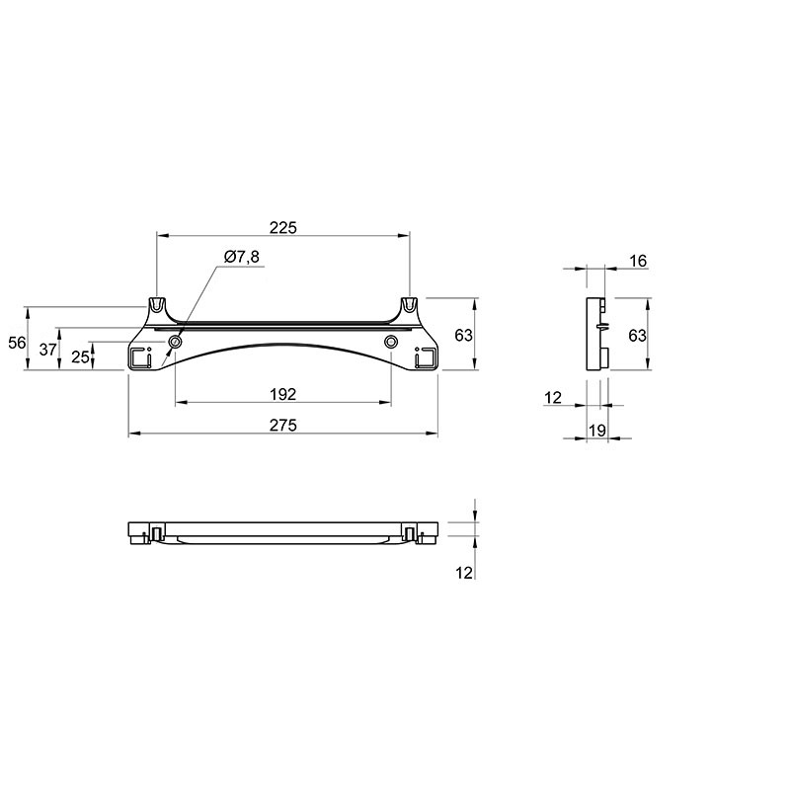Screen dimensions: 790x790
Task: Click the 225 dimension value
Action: (x=283, y=228)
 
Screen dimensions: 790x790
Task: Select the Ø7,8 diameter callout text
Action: (x=242, y=257)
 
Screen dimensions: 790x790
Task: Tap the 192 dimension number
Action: (x=283, y=394)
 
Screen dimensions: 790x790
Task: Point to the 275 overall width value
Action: (x=283, y=426)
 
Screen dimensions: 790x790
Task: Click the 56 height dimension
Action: (x=17, y=343)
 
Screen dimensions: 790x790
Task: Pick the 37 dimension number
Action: (x=47, y=350)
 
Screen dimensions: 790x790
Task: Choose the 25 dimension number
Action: (x=80, y=356)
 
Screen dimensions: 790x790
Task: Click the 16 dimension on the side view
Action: (x=638, y=261)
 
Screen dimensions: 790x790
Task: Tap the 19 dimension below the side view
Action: (x=597, y=431)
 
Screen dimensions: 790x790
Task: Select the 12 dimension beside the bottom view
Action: (x=464, y=573)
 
